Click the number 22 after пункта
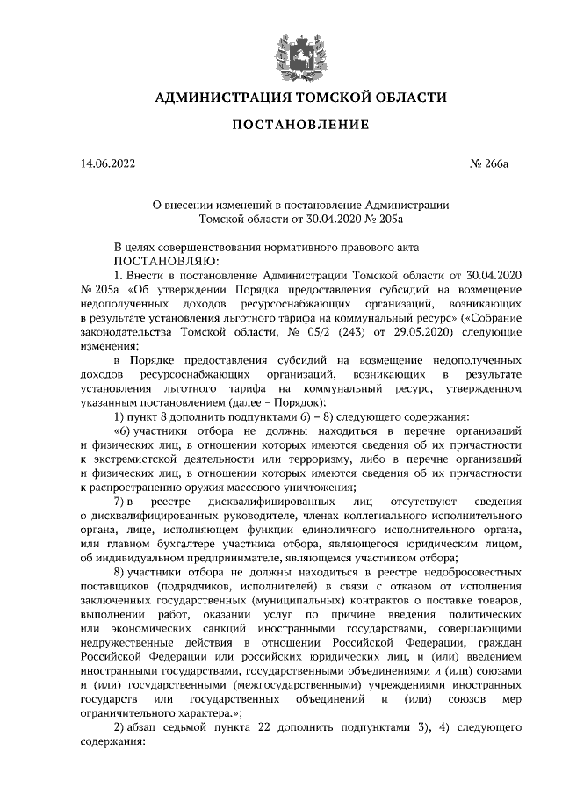[292, 728]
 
